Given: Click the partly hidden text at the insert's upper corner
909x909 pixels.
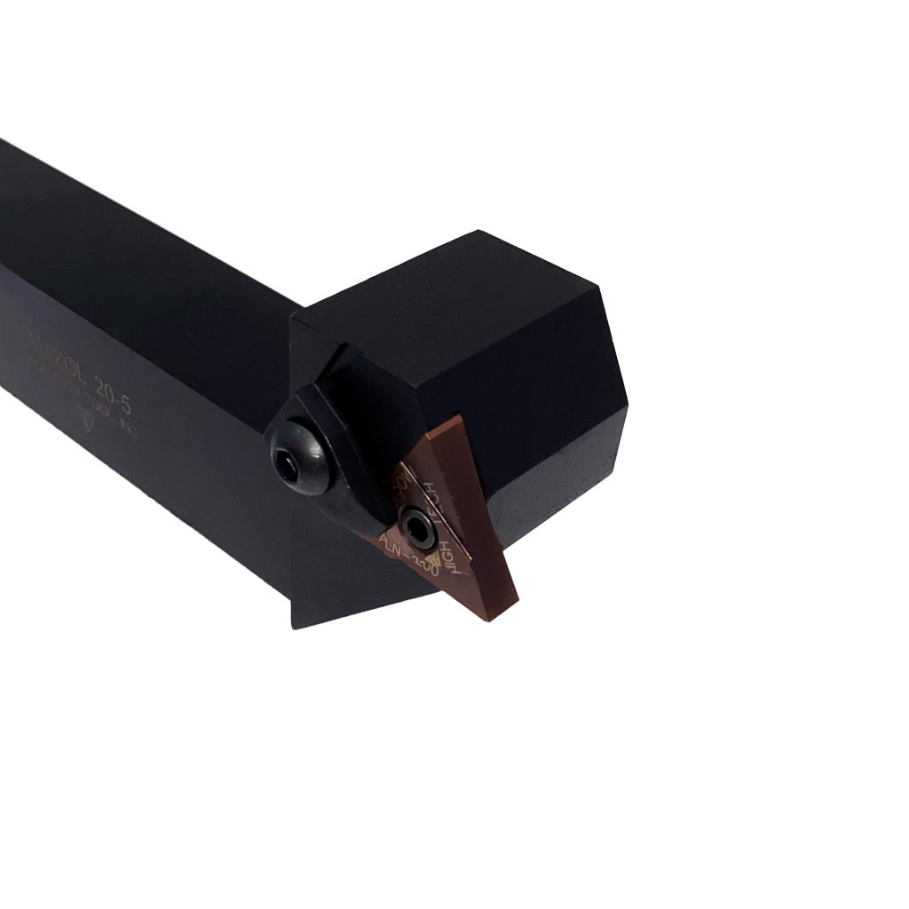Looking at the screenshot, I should pos(400,485).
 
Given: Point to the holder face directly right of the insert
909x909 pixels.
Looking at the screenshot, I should pos(541,497).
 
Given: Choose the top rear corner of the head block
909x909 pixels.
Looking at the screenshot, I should pos(480,232).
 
